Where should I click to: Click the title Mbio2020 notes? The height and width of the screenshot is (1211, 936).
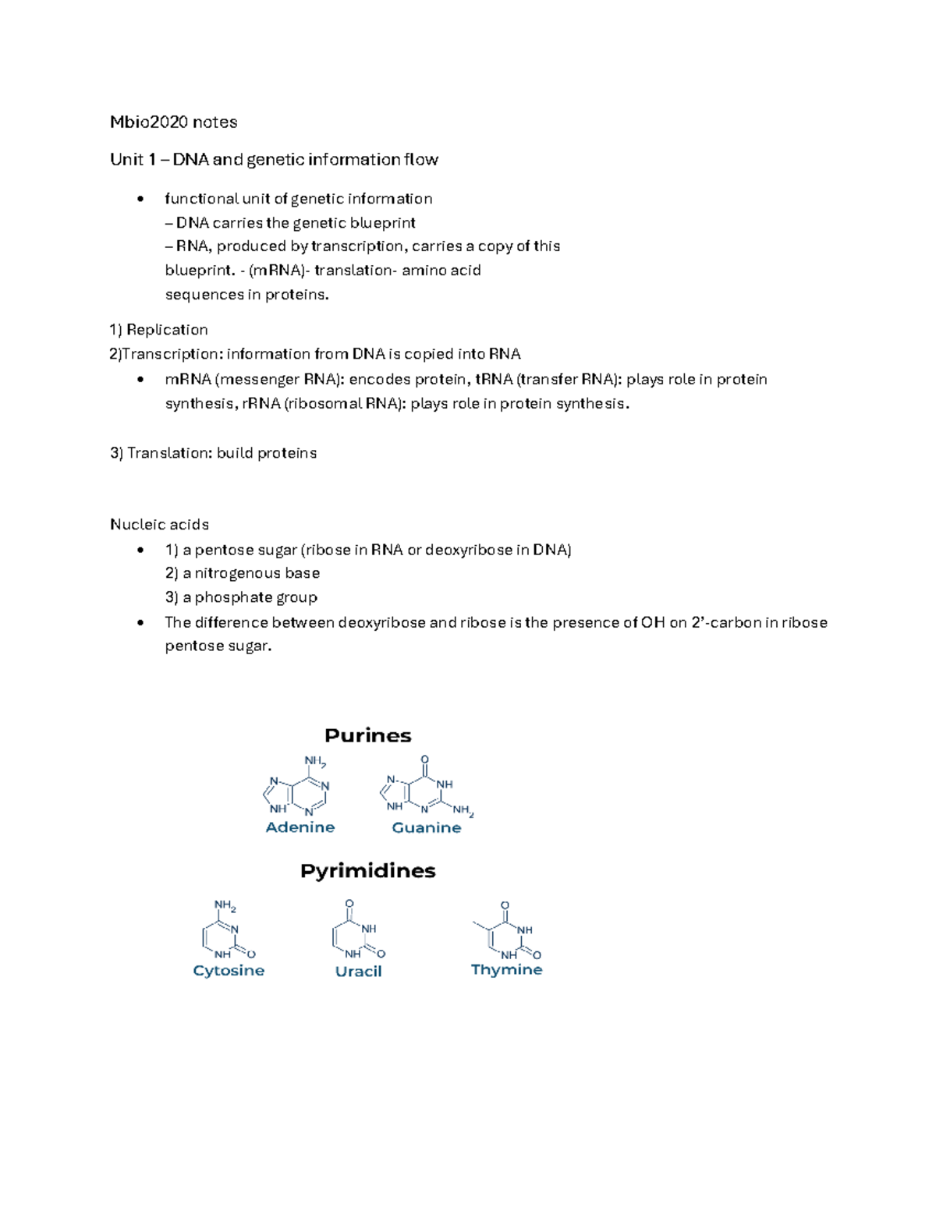[173, 122]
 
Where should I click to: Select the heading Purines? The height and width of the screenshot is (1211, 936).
[367, 735]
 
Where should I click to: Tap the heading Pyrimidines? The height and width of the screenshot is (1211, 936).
[367, 870]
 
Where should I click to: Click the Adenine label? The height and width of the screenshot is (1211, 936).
[300, 827]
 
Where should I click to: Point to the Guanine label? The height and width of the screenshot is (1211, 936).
[426, 827]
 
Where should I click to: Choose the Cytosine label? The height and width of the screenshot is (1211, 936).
[229, 970]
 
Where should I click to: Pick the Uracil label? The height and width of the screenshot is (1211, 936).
[358, 971]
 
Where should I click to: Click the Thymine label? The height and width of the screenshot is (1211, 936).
[506, 969]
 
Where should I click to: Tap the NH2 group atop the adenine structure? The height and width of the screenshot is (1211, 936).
[314, 761]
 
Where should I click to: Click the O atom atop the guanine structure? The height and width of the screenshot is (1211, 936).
[424, 760]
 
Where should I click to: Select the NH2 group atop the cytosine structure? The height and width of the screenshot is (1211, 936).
[225, 905]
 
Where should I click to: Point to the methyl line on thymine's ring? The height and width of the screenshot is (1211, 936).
[480, 926]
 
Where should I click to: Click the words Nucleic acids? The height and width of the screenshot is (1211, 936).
[159, 524]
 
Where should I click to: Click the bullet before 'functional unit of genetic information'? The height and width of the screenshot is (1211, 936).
[140, 199]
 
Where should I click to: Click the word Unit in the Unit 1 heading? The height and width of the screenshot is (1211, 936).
[126, 159]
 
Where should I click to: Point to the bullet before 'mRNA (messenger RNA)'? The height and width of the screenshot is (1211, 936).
[140, 380]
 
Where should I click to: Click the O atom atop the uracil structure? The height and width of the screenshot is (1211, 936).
[349, 904]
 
